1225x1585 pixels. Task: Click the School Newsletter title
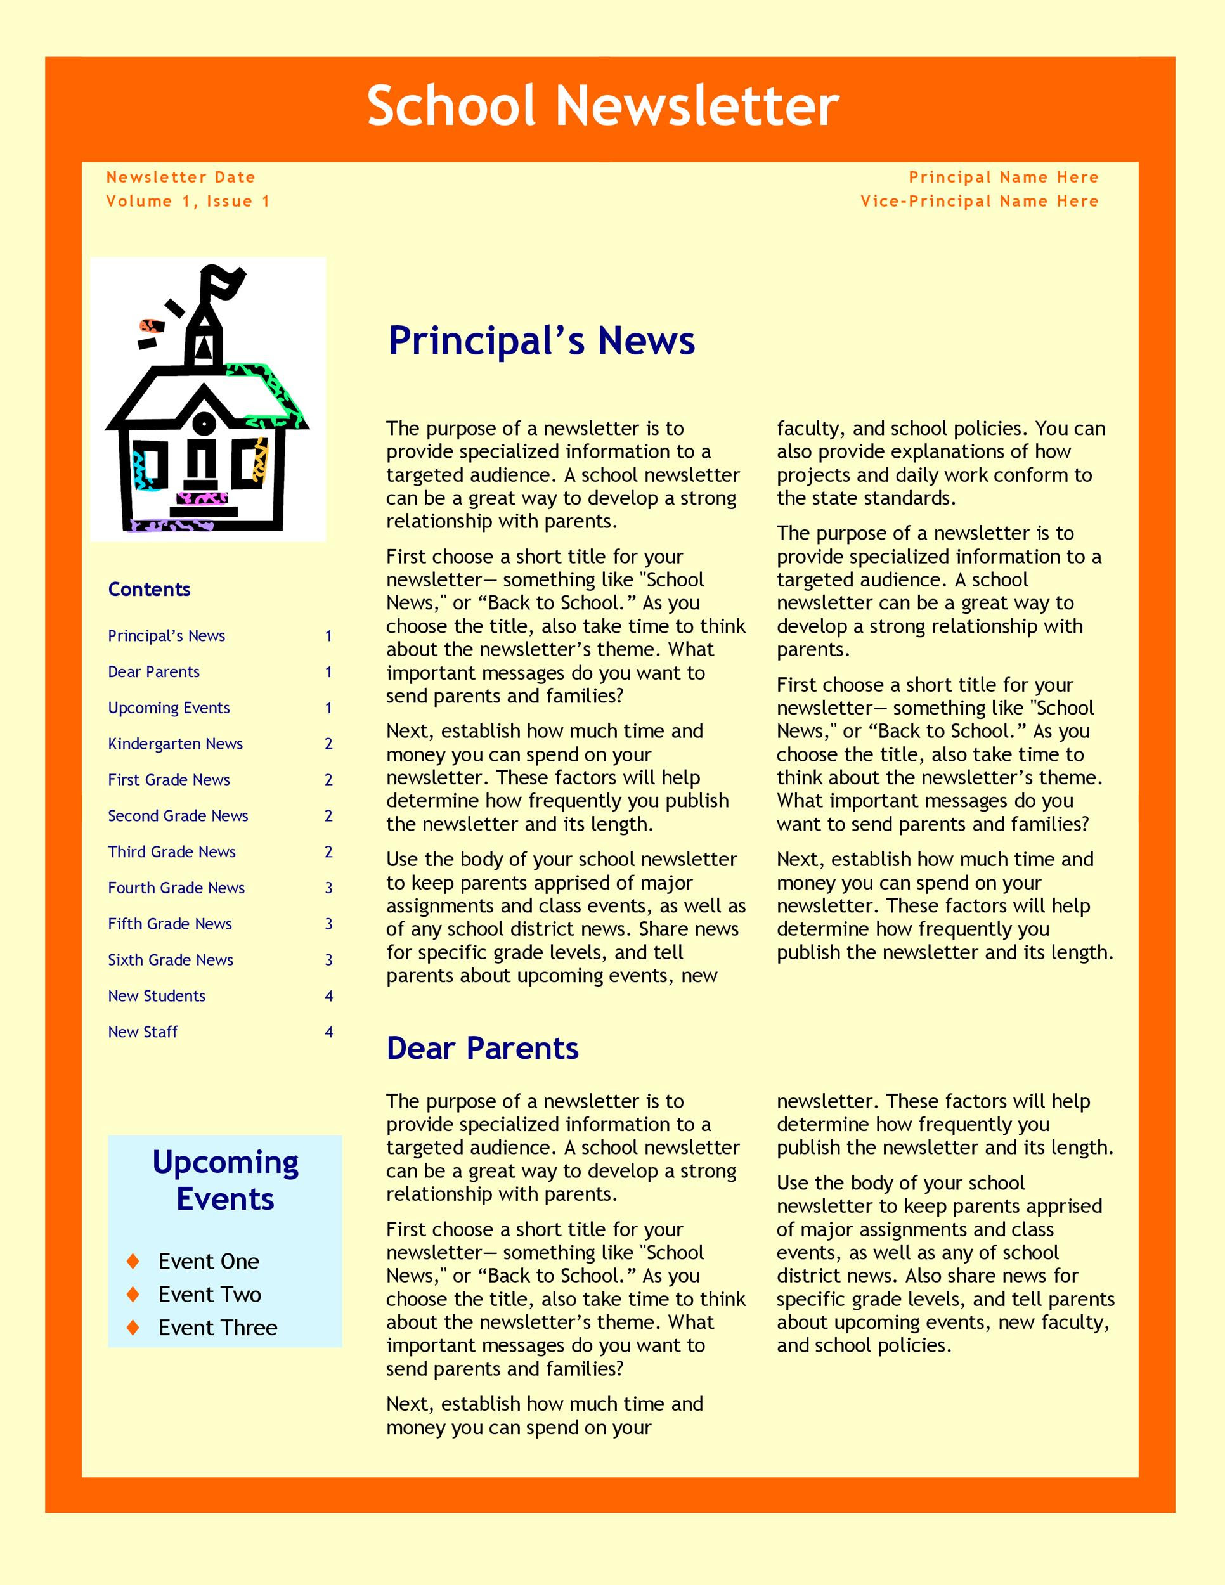pyautogui.click(x=602, y=106)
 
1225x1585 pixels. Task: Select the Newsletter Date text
pyautogui.click(x=181, y=177)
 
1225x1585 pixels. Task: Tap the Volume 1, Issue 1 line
pyautogui.click(x=188, y=201)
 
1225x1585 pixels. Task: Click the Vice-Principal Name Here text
pyautogui.click(x=979, y=201)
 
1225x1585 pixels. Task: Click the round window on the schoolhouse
pyautogui.click(x=205, y=422)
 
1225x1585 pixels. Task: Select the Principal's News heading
pyautogui.click(x=541, y=340)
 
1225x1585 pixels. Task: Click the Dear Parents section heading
pyautogui.click(x=482, y=1048)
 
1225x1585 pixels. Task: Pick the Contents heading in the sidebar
pyautogui.click(x=149, y=589)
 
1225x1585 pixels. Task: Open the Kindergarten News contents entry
pyautogui.click(x=175, y=744)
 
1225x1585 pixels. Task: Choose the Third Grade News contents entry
pyautogui.click(x=171, y=852)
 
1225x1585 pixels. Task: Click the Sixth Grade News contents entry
pyautogui.click(x=171, y=960)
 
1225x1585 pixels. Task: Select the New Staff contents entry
pyautogui.click(x=142, y=1032)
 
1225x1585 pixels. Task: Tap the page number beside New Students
pyautogui.click(x=328, y=997)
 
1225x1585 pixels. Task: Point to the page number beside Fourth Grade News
pyautogui.click(x=328, y=888)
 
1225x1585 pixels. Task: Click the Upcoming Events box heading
pyautogui.click(x=225, y=1181)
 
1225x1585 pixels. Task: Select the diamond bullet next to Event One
pyautogui.click(x=133, y=1261)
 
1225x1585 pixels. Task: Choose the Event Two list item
pyautogui.click(x=209, y=1295)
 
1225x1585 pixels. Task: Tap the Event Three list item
pyautogui.click(x=217, y=1328)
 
